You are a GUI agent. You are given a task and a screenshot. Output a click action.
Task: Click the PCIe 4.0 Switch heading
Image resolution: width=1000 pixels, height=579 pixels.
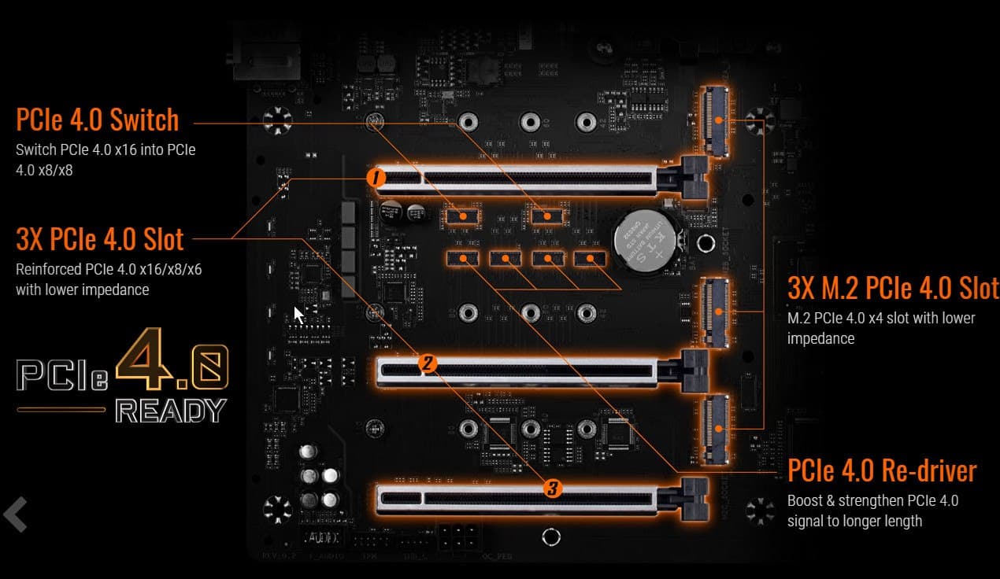tap(98, 120)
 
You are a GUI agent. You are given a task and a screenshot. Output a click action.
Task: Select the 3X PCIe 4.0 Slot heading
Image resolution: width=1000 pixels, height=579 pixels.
tap(99, 239)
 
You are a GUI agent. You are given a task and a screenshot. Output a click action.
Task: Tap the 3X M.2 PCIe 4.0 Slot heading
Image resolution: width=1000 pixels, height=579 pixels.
tap(893, 288)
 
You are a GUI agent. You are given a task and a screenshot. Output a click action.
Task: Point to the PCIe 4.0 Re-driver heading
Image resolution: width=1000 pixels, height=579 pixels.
tap(882, 470)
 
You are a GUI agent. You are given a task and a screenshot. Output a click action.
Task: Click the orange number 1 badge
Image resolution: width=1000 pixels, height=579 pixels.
tap(376, 178)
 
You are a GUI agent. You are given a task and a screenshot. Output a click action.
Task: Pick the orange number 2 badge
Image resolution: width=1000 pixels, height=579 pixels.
tap(428, 363)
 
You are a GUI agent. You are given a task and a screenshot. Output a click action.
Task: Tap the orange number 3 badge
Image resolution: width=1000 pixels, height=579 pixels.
tap(552, 488)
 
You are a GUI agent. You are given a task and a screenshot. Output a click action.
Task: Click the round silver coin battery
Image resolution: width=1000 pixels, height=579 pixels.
tap(646, 241)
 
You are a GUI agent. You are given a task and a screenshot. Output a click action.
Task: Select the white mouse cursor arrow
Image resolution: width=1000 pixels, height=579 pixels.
tap(298, 315)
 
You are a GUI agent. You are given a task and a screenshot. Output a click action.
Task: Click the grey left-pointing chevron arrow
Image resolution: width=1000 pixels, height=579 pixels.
tap(16, 514)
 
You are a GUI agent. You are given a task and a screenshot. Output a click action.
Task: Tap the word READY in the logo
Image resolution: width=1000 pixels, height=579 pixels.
tap(171, 411)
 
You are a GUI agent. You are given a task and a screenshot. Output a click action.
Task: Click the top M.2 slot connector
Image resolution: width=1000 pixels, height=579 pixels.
tap(716, 121)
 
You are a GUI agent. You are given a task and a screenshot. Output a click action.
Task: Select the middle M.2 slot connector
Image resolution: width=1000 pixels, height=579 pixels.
tap(716, 312)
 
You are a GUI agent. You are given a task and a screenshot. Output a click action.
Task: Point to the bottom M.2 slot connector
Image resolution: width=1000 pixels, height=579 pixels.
tap(716, 429)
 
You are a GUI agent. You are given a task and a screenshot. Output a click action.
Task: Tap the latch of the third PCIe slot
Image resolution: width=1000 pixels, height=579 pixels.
tap(694, 499)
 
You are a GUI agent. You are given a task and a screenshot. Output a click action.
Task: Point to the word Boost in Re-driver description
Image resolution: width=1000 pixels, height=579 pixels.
tap(805, 500)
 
